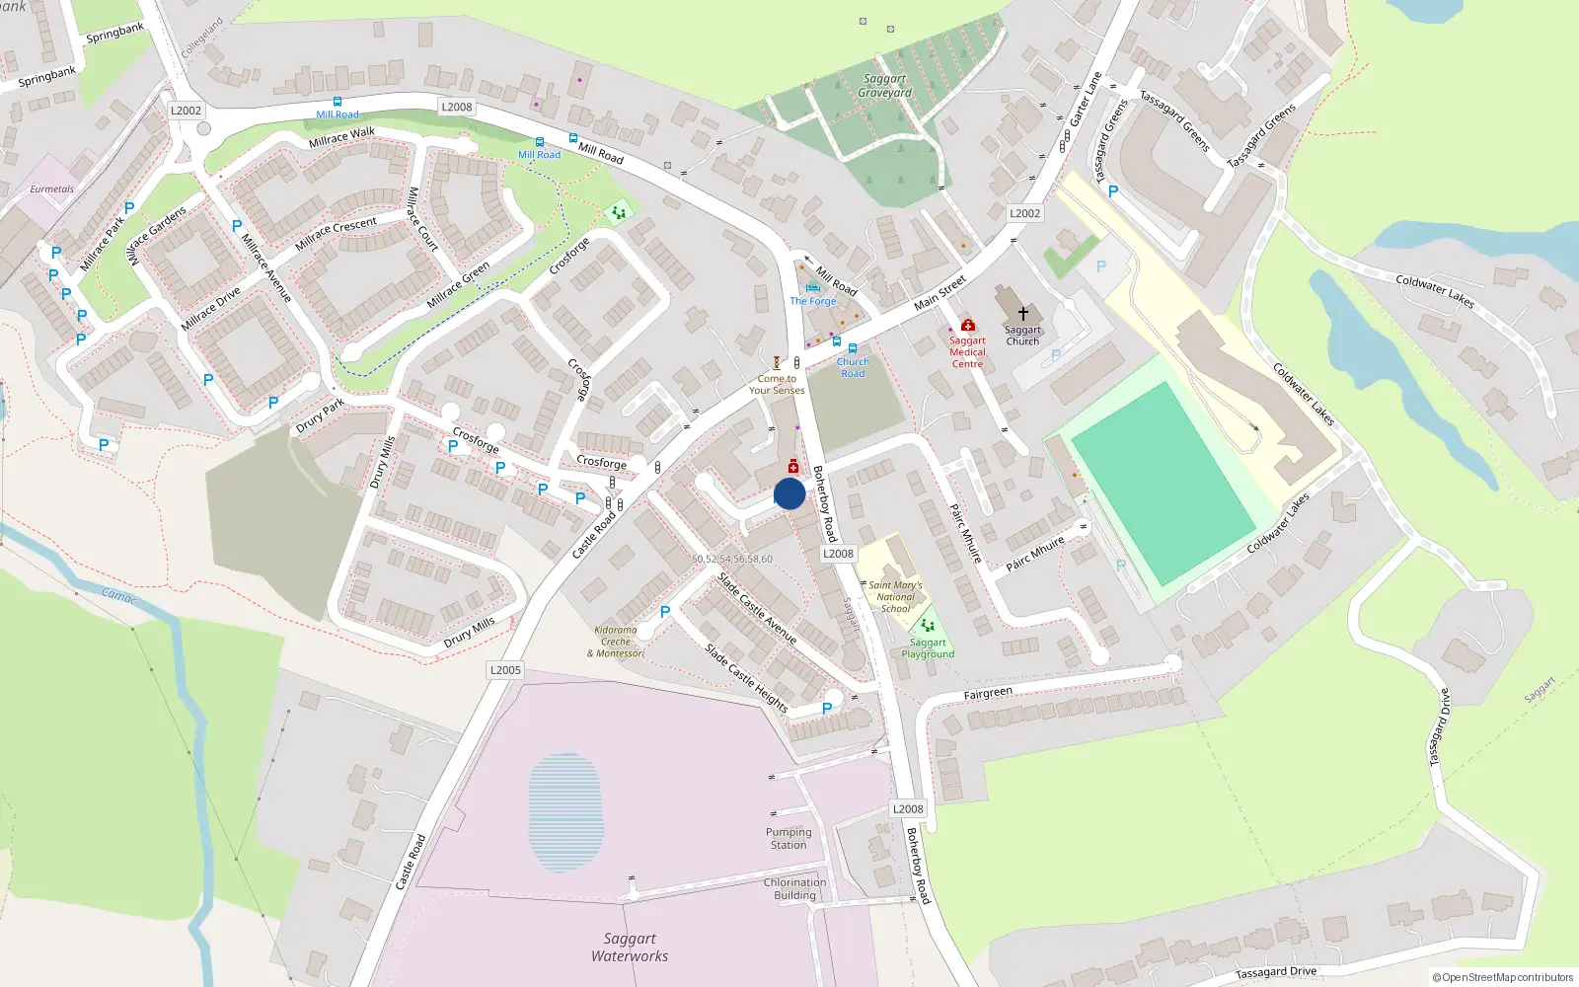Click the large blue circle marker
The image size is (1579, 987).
click(x=789, y=493)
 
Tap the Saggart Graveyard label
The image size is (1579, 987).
click(x=884, y=86)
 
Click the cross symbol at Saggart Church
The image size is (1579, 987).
click(x=1023, y=313)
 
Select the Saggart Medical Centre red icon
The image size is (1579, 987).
click(x=967, y=325)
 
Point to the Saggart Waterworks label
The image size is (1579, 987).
click(x=630, y=948)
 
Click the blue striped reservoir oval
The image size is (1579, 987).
click(x=565, y=812)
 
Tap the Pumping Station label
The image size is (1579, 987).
click(x=789, y=839)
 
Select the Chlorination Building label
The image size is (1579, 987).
click(x=794, y=889)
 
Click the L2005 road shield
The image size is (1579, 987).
click(x=505, y=670)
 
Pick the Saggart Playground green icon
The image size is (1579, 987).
click(x=927, y=625)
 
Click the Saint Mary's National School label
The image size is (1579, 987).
click(x=895, y=596)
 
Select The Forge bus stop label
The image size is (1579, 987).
click(x=812, y=301)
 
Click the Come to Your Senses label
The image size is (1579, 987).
click(x=777, y=385)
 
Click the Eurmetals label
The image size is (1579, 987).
click(x=51, y=189)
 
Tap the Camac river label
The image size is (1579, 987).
click(x=119, y=596)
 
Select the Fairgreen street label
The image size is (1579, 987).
click(x=988, y=694)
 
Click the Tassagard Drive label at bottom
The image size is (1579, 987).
click(x=1275, y=972)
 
